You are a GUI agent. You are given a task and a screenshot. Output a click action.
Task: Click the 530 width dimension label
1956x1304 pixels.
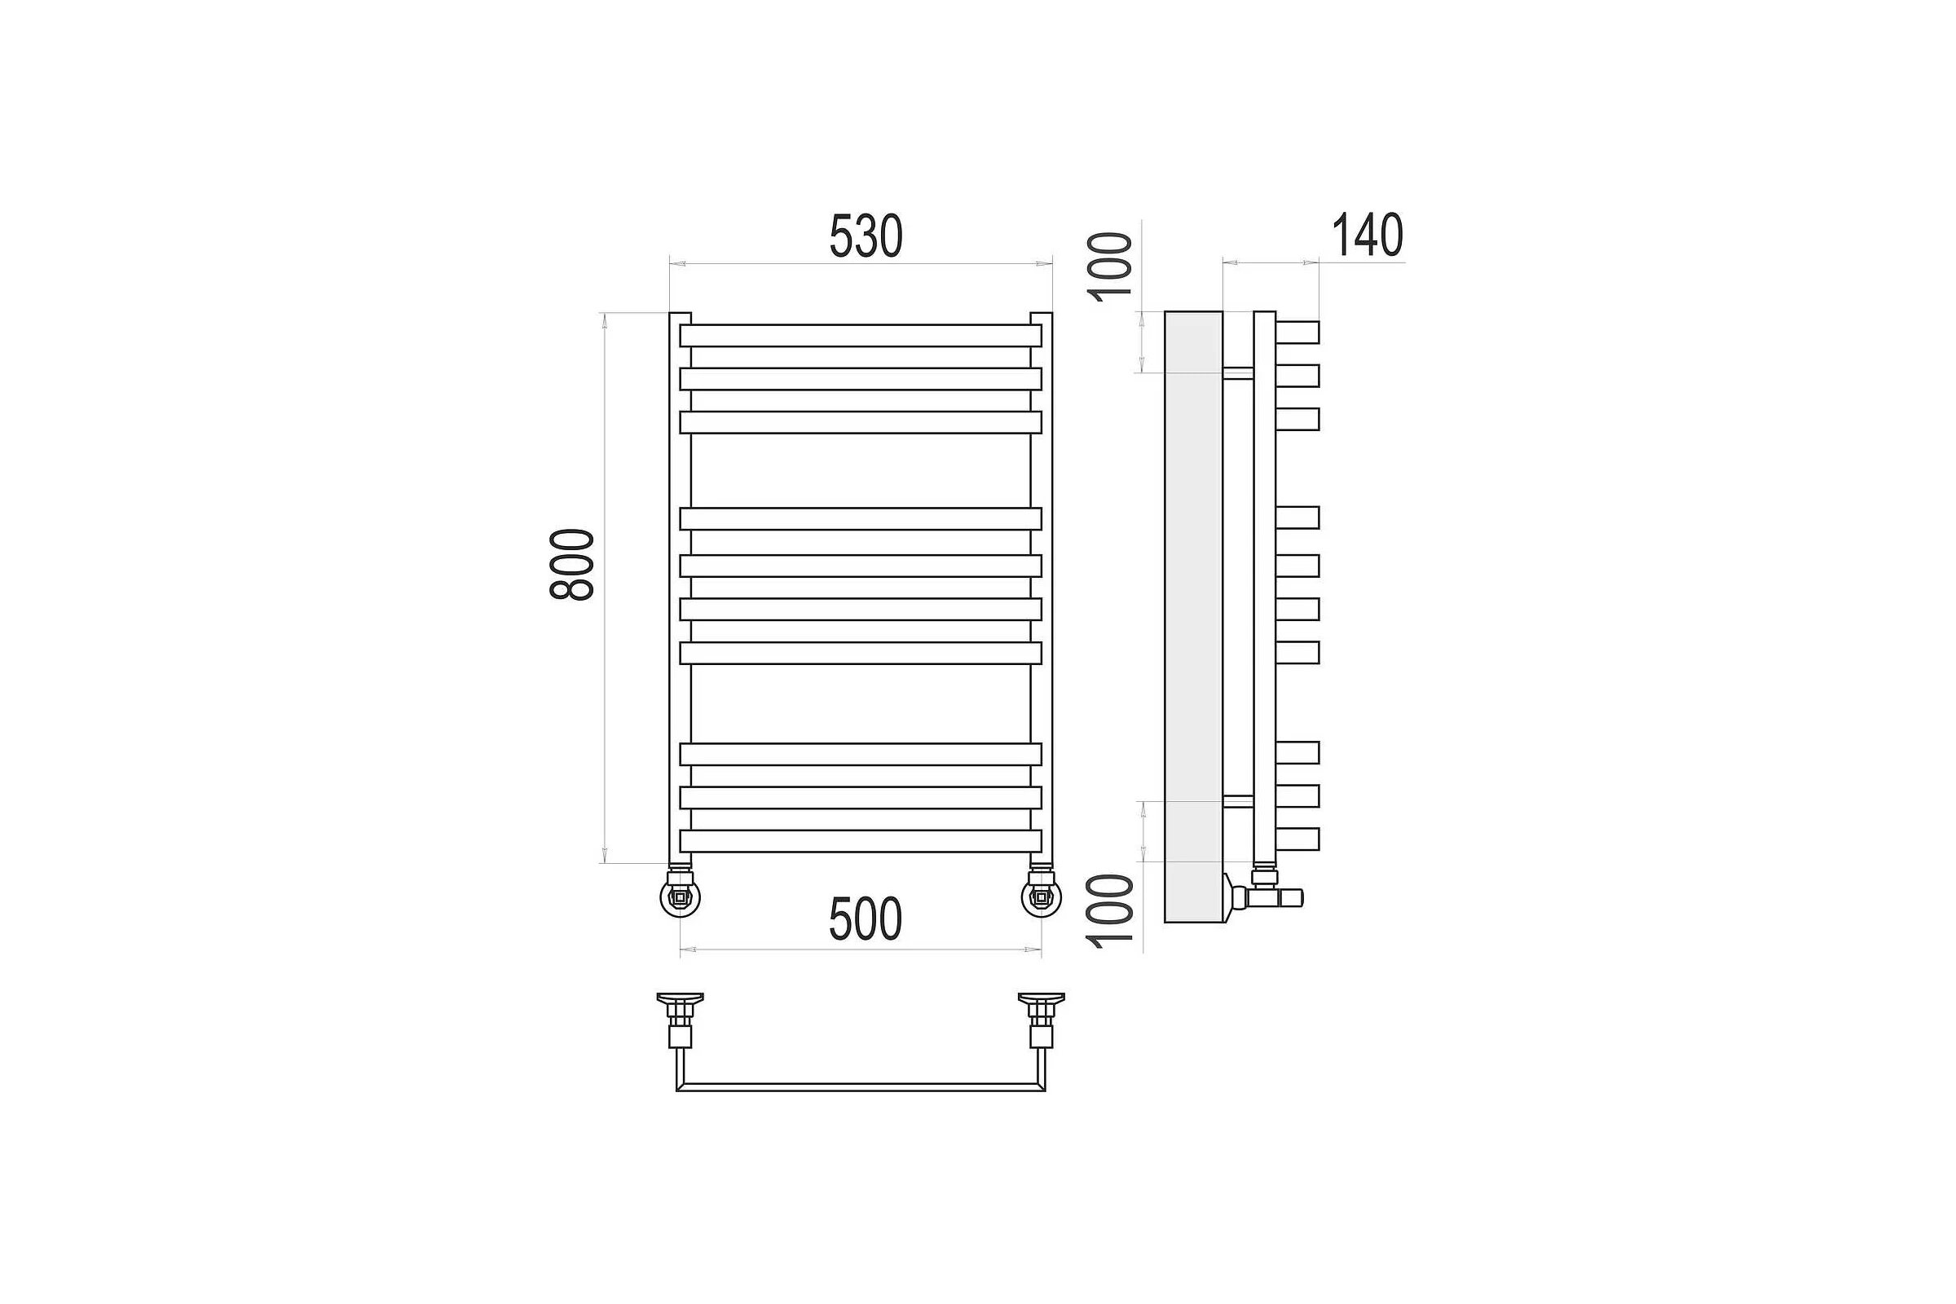coord(866,236)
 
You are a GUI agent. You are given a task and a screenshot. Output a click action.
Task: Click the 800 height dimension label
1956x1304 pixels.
coord(572,565)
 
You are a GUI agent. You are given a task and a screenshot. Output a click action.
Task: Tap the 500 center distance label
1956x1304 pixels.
coord(865,919)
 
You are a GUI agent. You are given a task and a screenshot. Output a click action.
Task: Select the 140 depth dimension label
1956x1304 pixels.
coord(1368,236)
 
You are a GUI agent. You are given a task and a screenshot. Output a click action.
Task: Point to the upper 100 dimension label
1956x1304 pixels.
coord(1110,267)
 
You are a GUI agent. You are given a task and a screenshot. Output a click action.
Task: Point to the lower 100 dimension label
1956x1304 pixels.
coord(1110,912)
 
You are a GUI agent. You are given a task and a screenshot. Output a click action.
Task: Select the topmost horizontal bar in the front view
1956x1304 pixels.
coord(861,335)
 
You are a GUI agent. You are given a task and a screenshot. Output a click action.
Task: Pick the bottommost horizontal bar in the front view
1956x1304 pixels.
coord(861,841)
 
